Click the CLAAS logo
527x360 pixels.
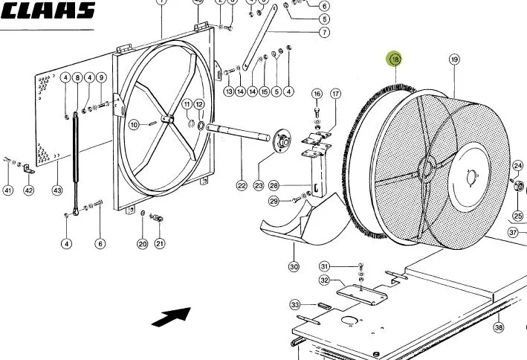[x=48, y=10]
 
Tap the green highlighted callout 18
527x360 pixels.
[x=395, y=60]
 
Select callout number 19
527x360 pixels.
[x=454, y=60]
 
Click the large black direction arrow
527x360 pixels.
[x=172, y=317]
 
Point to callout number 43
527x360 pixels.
[x=57, y=190]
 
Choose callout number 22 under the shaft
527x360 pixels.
[x=242, y=186]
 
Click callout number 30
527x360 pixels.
[x=294, y=267]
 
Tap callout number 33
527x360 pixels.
[x=295, y=305]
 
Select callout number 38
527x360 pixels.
[x=499, y=327]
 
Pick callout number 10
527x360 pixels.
[x=134, y=125]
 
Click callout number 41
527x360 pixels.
[x=7, y=190]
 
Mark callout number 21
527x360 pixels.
[x=160, y=243]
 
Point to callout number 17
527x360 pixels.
[x=335, y=94]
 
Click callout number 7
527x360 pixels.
[x=324, y=32]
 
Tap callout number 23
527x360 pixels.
[x=259, y=186]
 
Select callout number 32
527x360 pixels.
[x=324, y=280]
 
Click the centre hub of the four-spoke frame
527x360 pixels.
[x=167, y=119]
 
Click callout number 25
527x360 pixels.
[x=518, y=216]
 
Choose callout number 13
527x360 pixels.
[x=229, y=91]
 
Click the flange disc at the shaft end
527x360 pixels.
[x=282, y=141]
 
